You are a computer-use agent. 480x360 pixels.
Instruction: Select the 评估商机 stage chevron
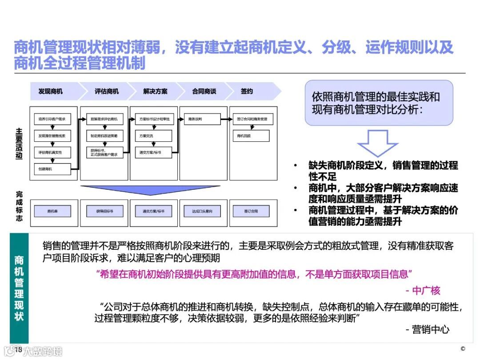coord(107,92)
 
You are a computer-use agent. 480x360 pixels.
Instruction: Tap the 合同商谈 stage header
coord(204,92)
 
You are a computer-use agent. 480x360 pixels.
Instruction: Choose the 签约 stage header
coord(247,92)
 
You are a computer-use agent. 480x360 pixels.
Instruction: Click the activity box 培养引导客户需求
coord(52,119)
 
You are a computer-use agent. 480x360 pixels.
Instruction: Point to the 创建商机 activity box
coord(52,169)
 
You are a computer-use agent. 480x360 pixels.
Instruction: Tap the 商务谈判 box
coord(203,119)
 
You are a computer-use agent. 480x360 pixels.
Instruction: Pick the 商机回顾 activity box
coord(251,136)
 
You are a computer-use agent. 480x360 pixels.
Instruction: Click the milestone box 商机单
coord(52,211)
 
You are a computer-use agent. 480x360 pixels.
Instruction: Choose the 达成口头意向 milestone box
coord(203,211)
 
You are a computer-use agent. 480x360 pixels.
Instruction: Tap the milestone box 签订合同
coord(251,211)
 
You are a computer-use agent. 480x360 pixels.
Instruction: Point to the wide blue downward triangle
coord(153,190)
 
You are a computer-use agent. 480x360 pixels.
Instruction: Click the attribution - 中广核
coord(423,291)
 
